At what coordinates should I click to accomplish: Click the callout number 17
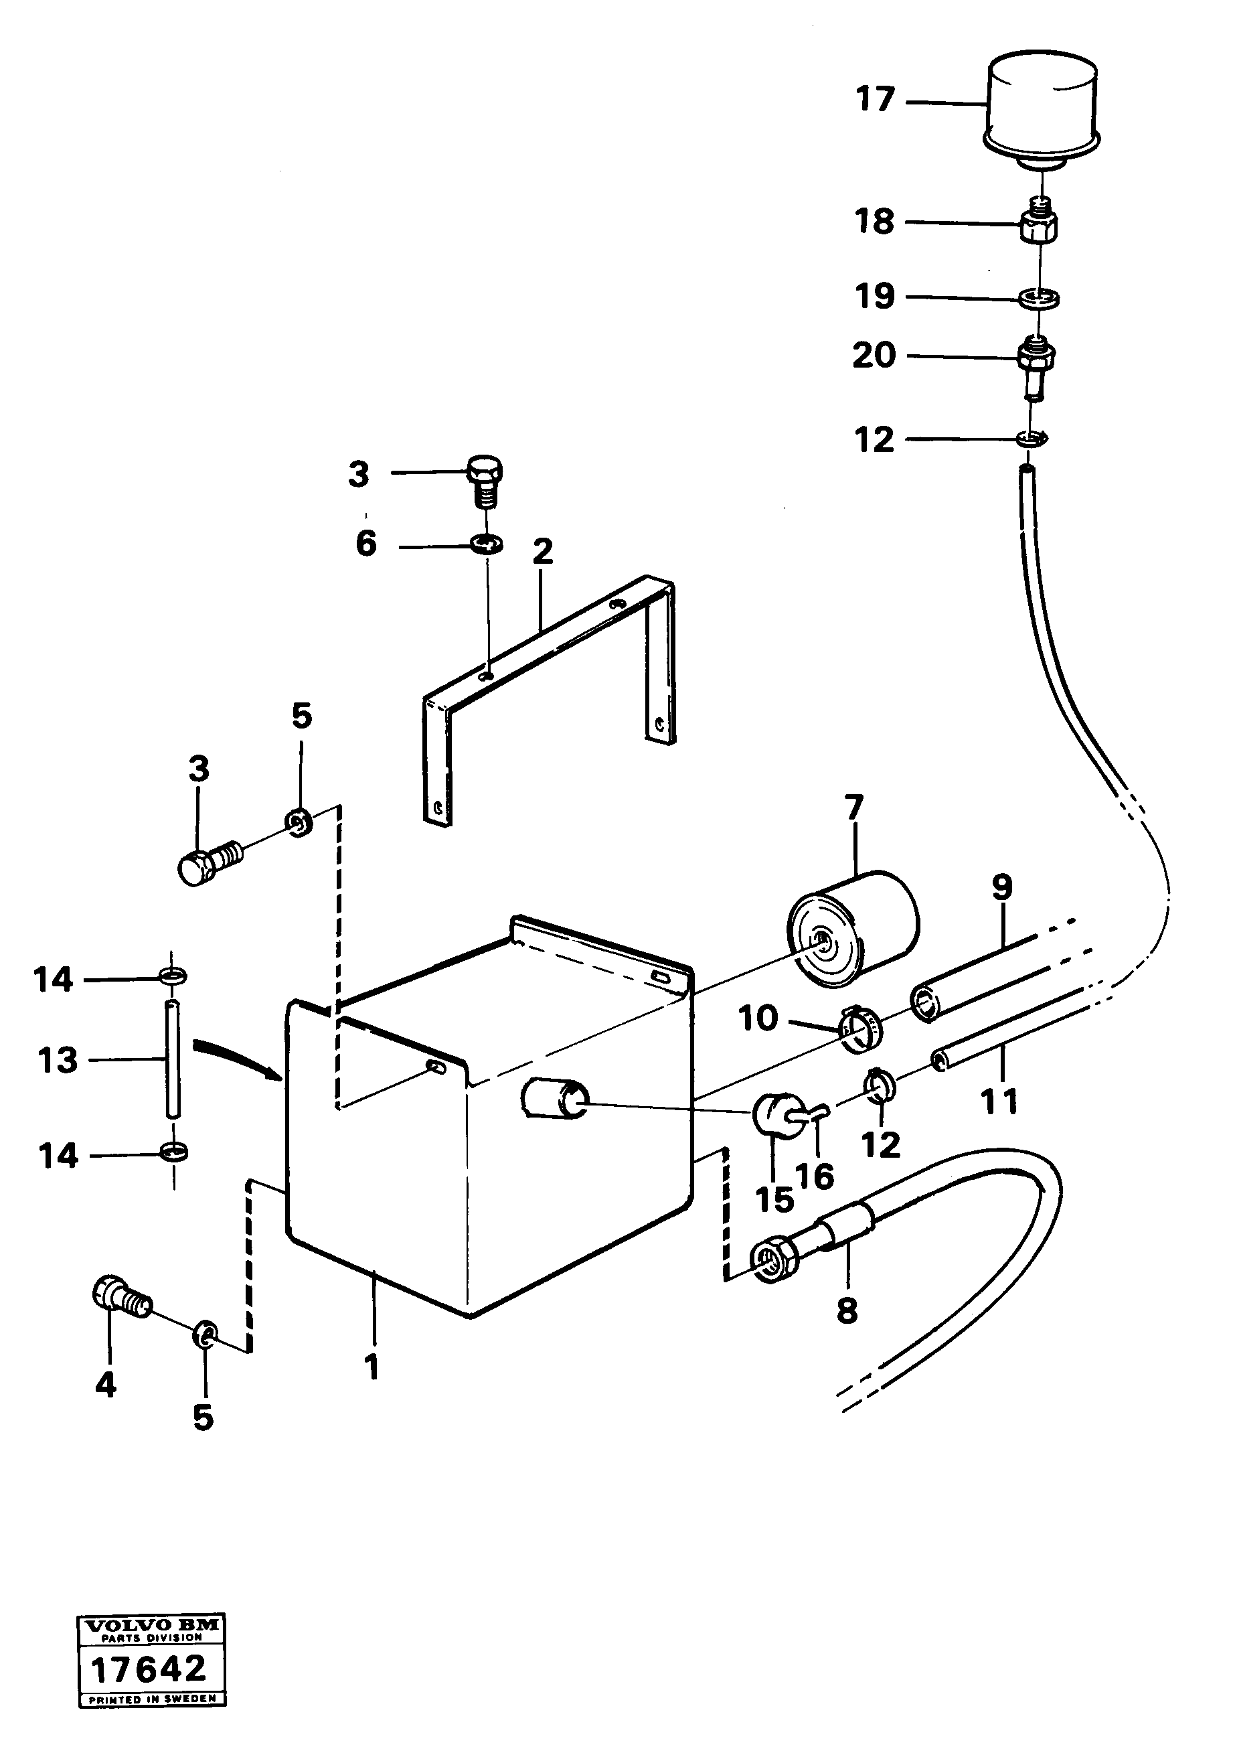874,99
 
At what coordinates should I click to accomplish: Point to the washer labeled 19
1039,297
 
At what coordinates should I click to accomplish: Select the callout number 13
58,1061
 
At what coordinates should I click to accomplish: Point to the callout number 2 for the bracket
542,551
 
